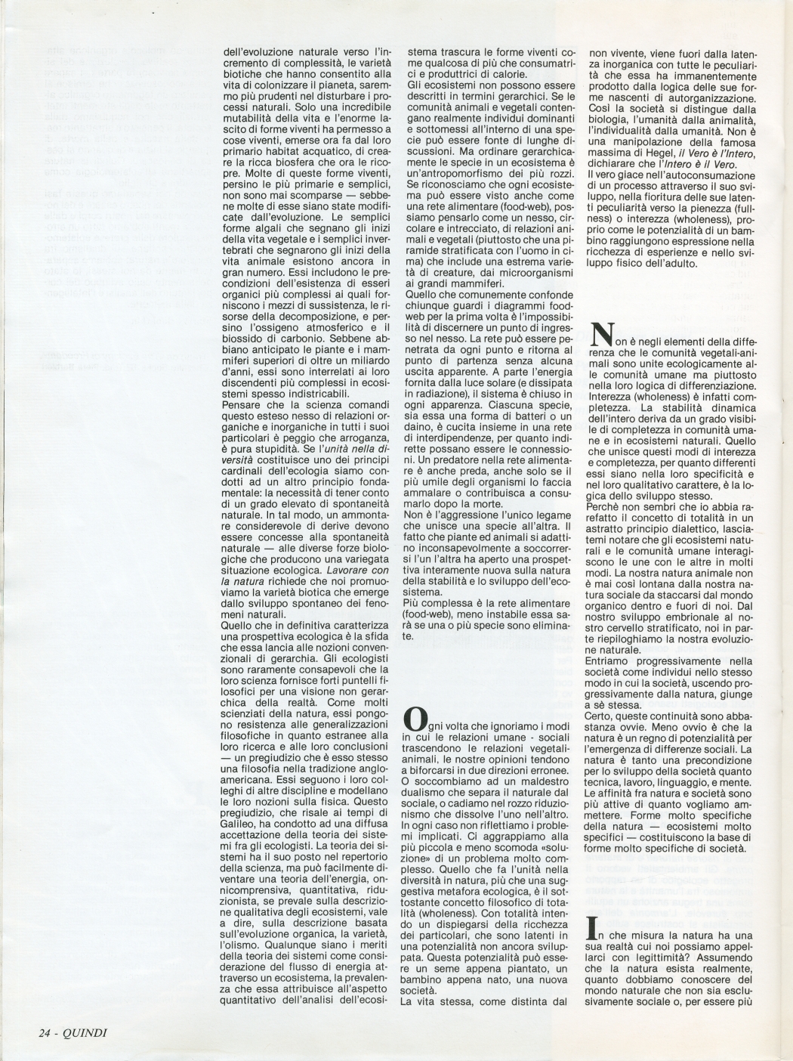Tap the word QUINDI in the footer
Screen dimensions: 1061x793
point(88,1032)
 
